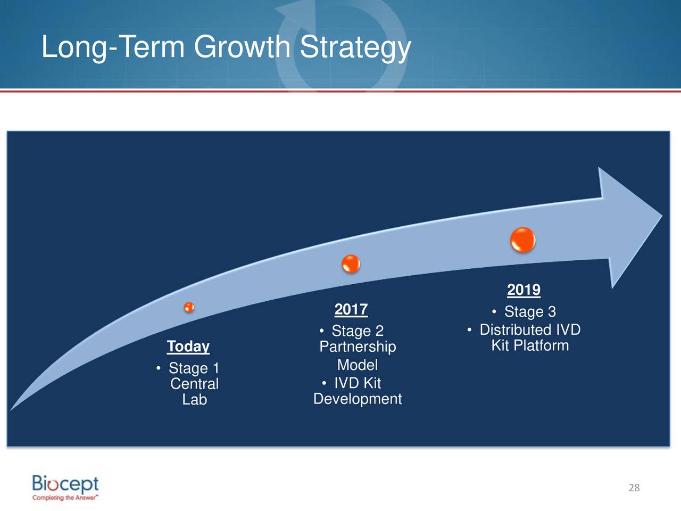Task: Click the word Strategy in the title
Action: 355,47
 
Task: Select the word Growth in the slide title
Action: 242,46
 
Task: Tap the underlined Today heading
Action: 188,347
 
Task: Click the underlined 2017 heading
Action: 351,309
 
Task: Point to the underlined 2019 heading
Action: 524,290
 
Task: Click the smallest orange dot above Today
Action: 189,307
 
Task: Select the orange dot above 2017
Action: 351,264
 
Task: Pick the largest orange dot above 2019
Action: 523,240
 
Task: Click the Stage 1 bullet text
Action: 194,368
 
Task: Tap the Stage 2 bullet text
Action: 358,331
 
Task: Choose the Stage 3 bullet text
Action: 530,311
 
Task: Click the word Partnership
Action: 358,347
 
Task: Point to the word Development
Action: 358,399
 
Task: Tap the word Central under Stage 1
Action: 195,384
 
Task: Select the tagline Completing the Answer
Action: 65,498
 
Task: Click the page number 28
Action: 634,488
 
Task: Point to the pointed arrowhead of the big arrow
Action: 662,216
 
